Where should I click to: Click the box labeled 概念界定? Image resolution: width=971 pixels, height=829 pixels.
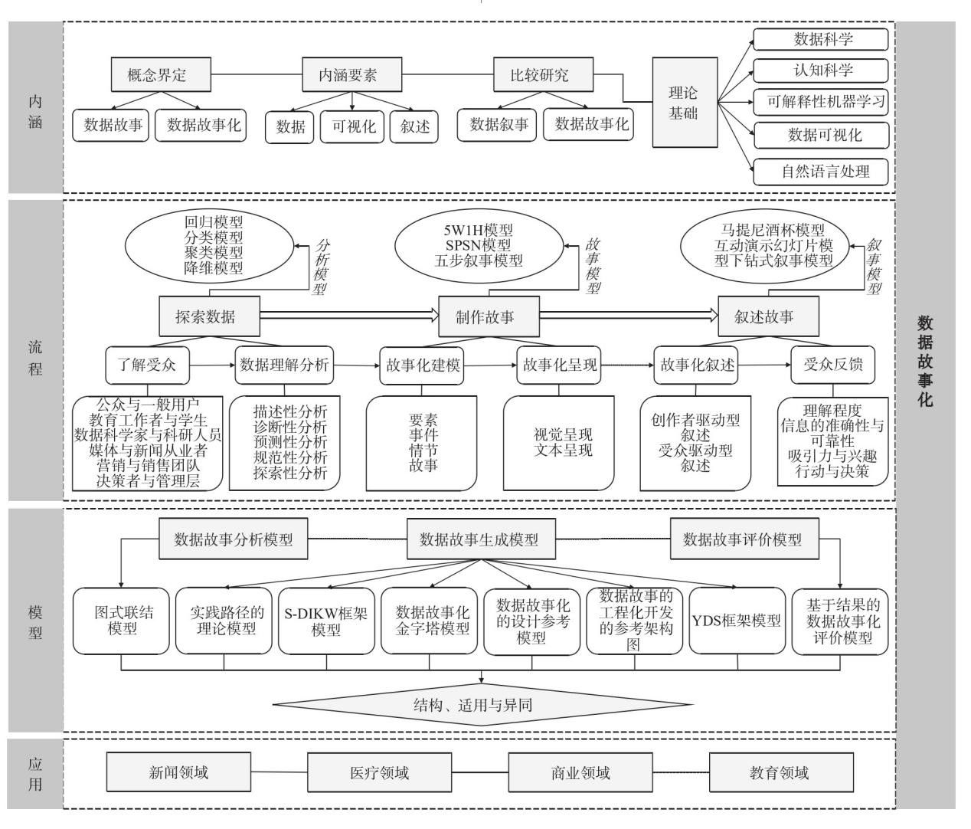(x=157, y=75)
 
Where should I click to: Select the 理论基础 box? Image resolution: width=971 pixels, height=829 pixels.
(x=684, y=102)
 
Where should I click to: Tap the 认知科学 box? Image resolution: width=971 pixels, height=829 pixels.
(x=821, y=70)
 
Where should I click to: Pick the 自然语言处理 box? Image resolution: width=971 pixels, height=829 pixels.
(x=821, y=171)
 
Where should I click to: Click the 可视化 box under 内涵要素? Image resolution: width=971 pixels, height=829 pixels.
(x=353, y=126)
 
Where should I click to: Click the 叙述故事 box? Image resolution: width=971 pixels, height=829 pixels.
(x=763, y=316)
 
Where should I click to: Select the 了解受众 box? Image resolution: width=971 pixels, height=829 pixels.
(x=147, y=365)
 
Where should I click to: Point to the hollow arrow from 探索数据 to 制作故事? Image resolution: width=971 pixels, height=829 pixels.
(x=348, y=314)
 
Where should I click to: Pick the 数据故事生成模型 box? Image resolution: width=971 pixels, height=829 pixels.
(x=479, y=539)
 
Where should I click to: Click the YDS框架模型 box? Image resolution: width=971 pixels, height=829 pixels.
(x=737, y=621)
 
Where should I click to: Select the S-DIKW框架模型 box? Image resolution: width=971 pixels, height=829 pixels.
(x=326, y=621)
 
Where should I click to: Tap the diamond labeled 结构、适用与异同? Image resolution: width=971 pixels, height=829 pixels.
(x=482, y=704)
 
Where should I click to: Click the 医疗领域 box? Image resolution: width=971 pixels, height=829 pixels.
(x=380, y=772)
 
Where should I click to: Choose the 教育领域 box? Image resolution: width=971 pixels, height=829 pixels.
(x=779, y=772)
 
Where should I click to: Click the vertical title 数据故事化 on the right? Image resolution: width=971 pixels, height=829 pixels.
(x=925, y=360)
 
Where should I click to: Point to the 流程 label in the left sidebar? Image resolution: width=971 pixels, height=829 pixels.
(x=35, y=357)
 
